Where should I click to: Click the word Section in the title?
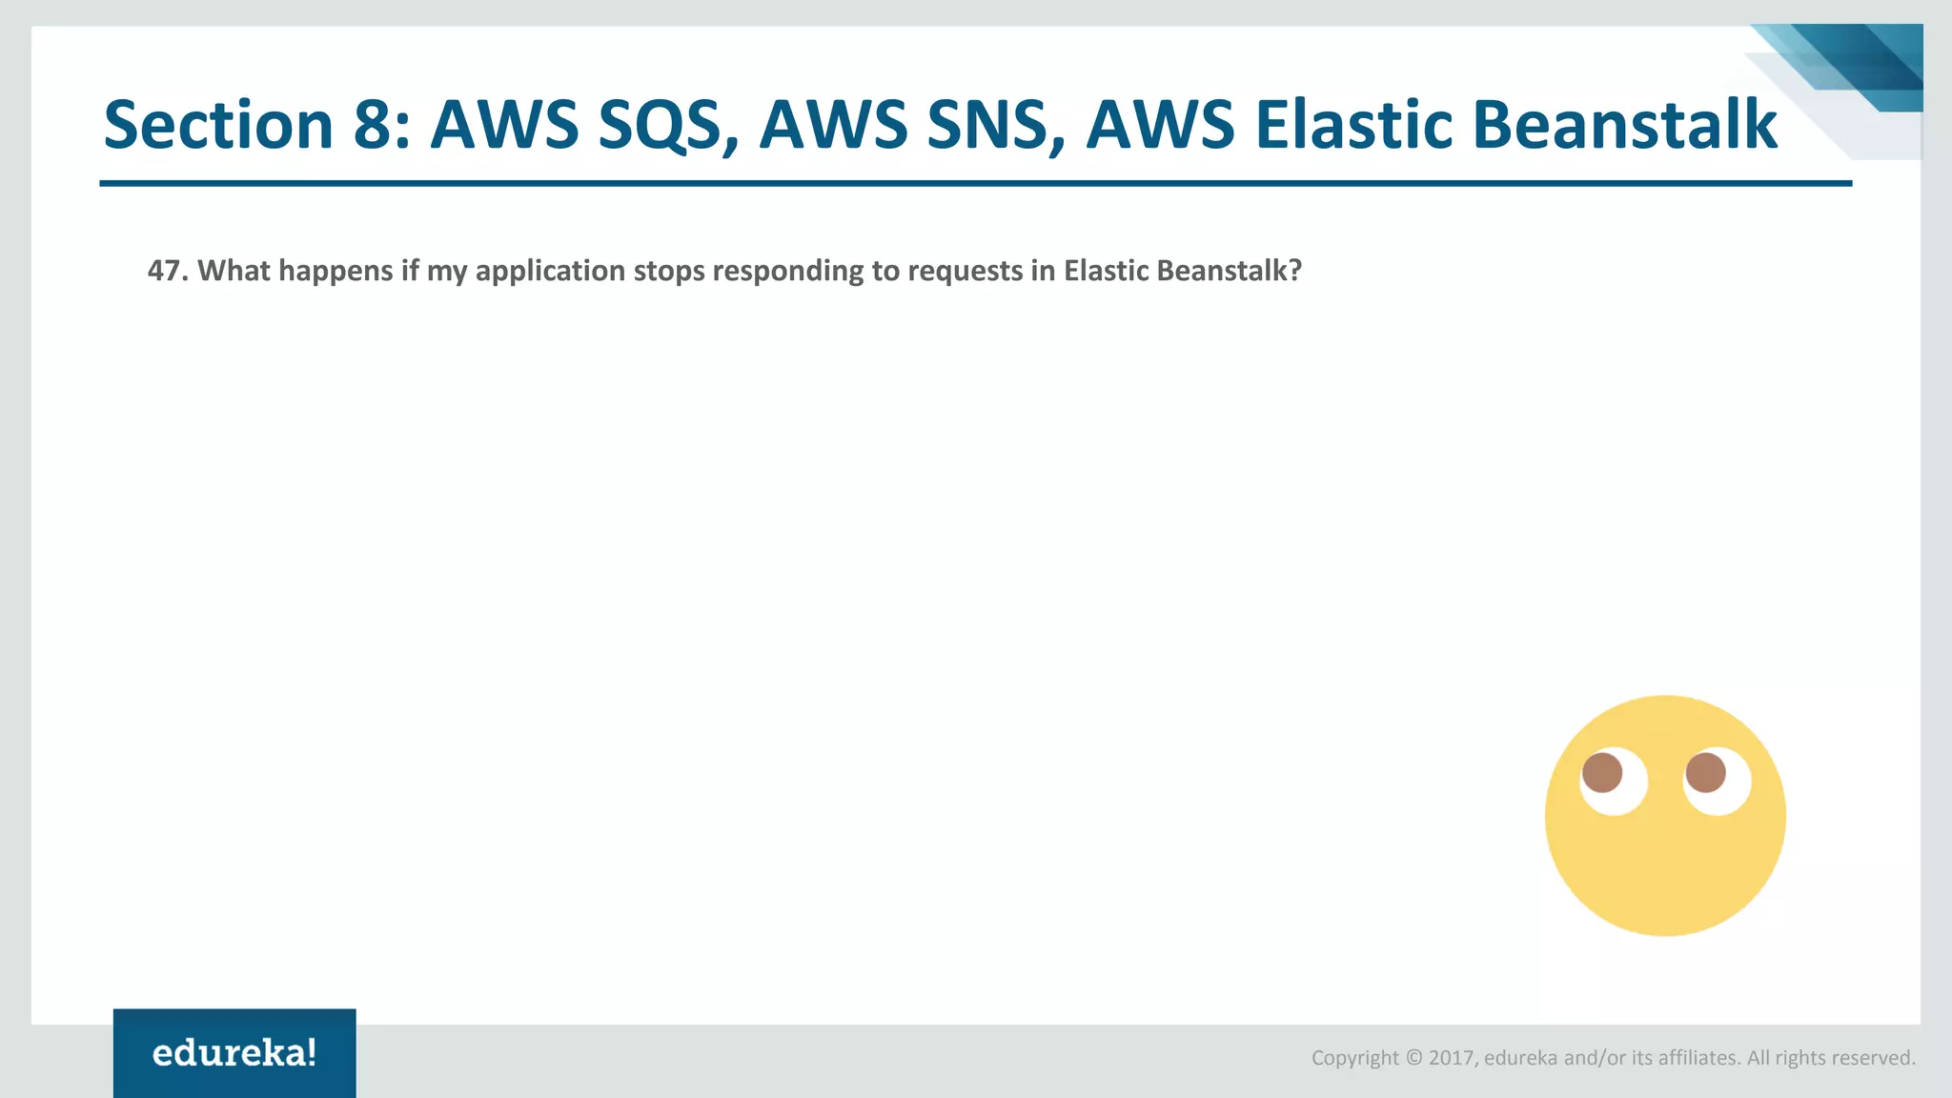click(x=217, y=125)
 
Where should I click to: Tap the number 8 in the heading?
click(x=374, y=125)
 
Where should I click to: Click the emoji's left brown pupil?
click(x=1602, y=772)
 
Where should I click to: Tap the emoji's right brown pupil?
click(x=1705, y=772)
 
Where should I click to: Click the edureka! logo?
click(x=234, y=1052)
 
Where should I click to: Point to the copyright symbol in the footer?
click(x=1413, y=1058)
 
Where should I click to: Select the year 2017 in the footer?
click(x=1451, y=1058)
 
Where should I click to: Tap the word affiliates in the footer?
click(x=1698, y=1058)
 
